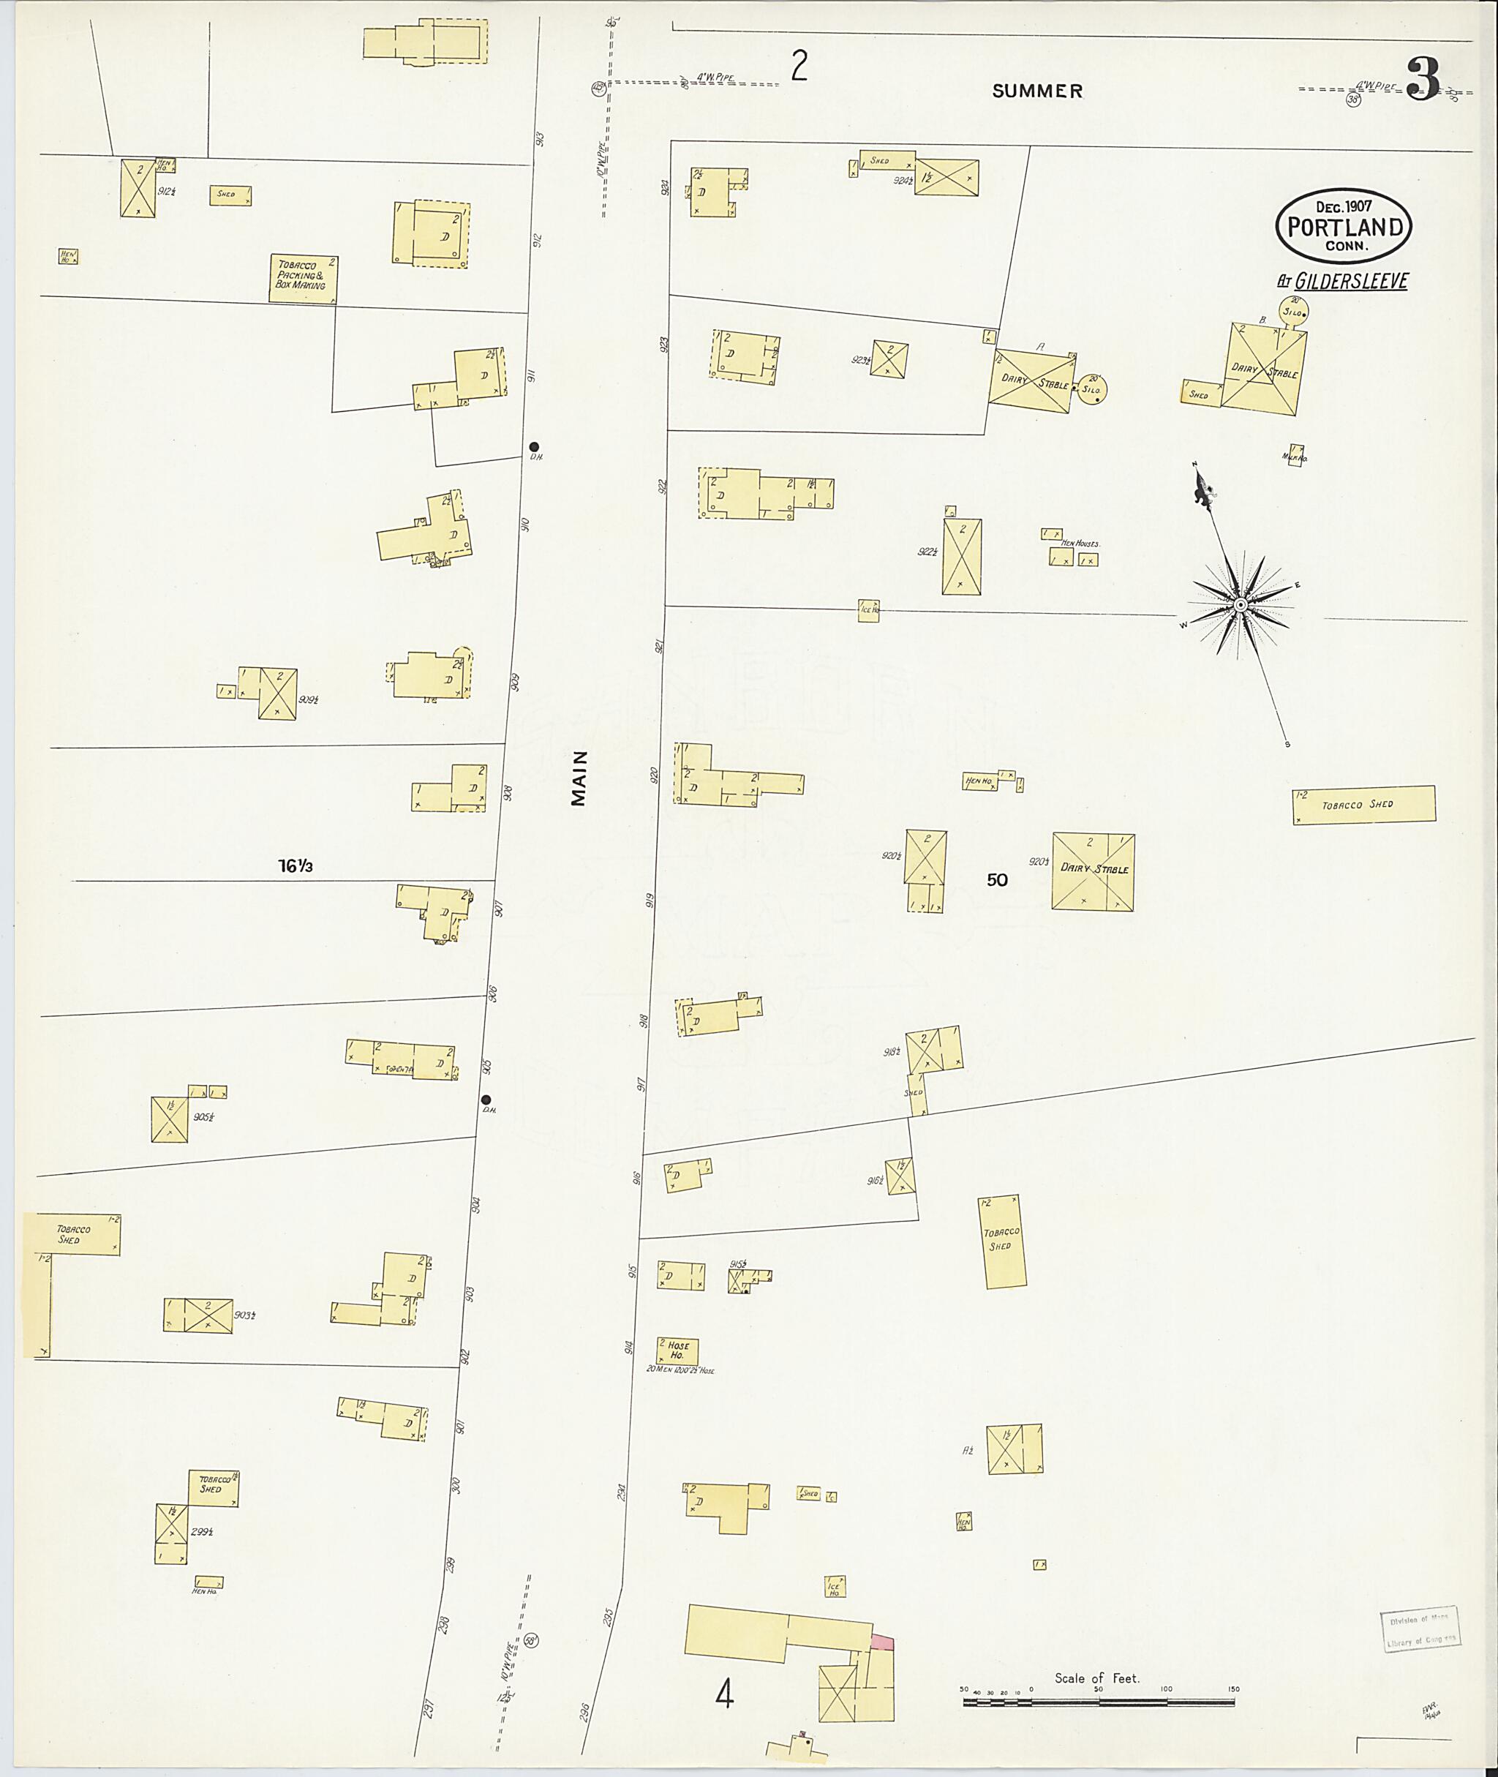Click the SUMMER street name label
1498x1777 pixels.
click(1037, 91)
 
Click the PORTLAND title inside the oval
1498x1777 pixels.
click(1344, 228)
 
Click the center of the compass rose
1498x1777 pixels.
click(1240, 604)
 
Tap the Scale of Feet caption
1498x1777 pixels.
click(1096, 1678)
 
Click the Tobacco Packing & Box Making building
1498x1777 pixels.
click(303, 278)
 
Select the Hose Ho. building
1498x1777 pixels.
click(677, 1350)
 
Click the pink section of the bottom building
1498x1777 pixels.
click(882, 1641)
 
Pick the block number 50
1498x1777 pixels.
click(997, 880)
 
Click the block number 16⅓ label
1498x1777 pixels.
click(296, 866)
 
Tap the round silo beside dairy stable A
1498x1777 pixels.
click(1091, 389)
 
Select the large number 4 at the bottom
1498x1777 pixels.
click(723, 1694)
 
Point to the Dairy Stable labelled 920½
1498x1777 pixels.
click(1092, 871)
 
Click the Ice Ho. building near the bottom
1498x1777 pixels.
click(834, 1587)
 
